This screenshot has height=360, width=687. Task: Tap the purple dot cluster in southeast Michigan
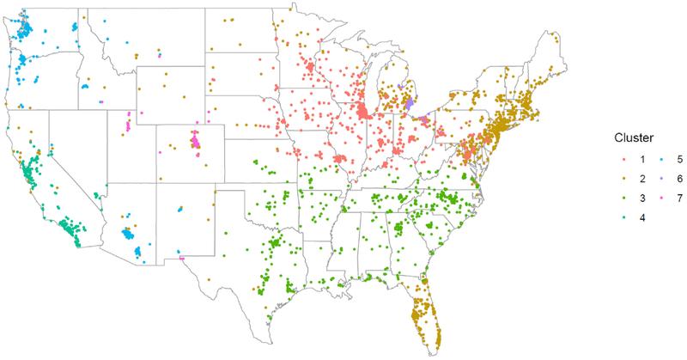pos(410,104)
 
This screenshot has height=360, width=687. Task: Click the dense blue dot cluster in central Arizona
pos(129,233)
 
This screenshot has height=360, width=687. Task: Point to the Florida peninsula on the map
pos(425,314)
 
